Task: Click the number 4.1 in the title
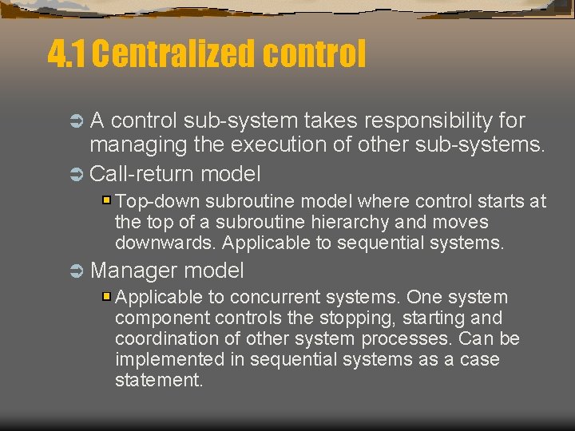coord(68,54)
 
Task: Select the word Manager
coord(133,271)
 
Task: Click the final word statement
coord(158,381)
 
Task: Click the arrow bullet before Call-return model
coord(77,174)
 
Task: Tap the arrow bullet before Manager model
coord(77,271)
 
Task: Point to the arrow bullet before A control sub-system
coord(77,122)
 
